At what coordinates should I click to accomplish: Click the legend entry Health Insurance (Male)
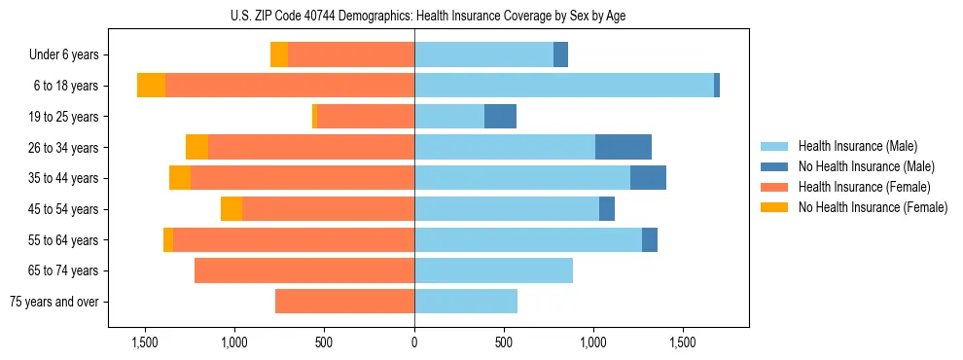(857, 146)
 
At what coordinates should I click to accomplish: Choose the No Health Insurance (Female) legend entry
(873, 207)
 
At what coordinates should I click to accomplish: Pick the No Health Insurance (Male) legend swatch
(774, 166)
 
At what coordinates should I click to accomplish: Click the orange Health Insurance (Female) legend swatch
(774, 187)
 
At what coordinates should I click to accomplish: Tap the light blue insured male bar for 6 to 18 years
(564, 86)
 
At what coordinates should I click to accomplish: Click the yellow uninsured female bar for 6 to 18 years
(151, 86)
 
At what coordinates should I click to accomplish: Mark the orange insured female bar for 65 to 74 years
(304, 270)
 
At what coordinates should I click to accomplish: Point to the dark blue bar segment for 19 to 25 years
(500, 117)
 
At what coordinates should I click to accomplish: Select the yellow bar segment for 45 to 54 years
(232, 209)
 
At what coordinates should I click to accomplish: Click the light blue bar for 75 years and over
(466, 302)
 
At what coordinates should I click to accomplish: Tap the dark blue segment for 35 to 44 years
(648, 178)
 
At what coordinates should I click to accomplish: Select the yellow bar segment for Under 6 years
(279, 55)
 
